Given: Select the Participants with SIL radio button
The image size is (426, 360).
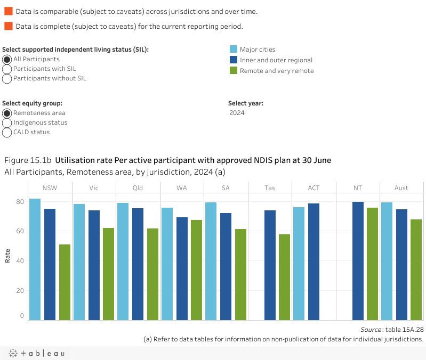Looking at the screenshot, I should [x=7, y=69].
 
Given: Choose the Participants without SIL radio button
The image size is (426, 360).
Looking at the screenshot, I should [x=7, y=78].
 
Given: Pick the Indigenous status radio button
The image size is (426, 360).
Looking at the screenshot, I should [x=7, y=122].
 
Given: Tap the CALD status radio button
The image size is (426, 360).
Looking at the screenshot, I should [x=7, y=132].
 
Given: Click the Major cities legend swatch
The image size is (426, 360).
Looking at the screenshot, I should [x=233, y=50].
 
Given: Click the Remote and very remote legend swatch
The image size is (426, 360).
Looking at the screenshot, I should [x=233, y=70].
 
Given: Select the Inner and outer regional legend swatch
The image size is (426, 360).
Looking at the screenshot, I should [x=233, y=60].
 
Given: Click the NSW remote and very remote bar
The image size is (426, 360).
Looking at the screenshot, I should [x=65, y=282].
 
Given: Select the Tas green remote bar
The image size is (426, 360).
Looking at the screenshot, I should [x=284, y=277].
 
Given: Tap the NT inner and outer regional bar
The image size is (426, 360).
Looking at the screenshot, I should [x=358, y=261].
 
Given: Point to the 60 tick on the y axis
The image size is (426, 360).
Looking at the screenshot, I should [x=20, y=231].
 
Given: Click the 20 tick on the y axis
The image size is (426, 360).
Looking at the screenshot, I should [x=20, y=290].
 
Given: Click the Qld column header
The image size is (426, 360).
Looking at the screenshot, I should [x=138, y=187].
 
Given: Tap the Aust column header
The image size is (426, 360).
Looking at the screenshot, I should [x=401, y=187].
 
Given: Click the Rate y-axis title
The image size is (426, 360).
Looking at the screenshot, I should [x=7, y=257].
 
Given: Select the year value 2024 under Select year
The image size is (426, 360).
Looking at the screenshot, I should [x=237, y=113].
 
